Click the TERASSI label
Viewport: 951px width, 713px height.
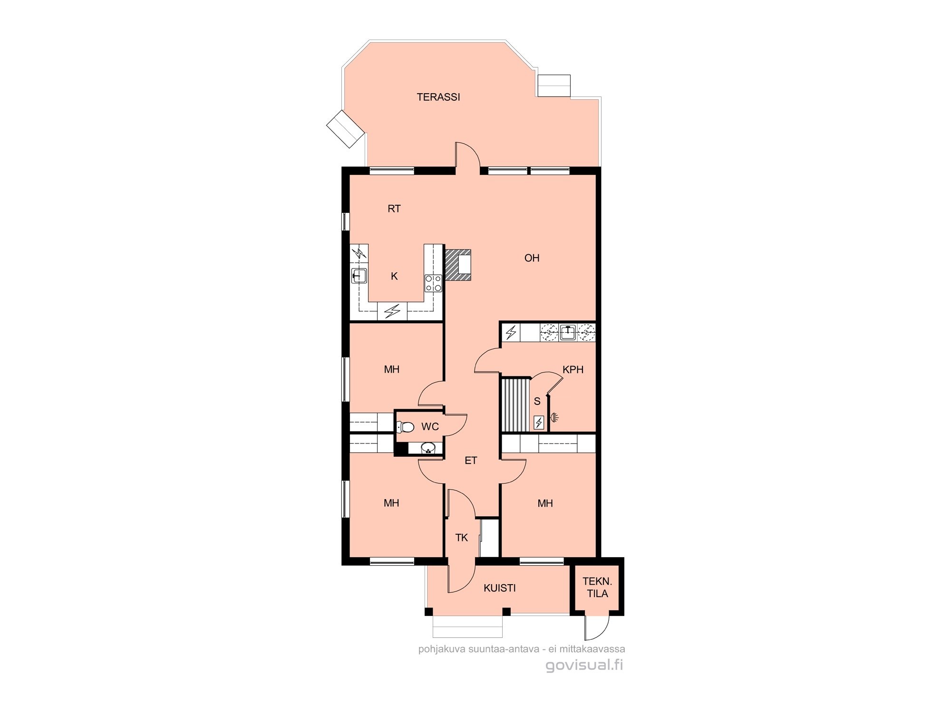pyautogui.click(x=438, y=97)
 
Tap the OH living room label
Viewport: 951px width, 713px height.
pyautogui.click(x=532, y=258)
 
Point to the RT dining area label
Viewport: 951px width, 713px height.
pyautogui.click(x=394, y=209)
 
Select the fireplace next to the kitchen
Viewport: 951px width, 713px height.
pyautogui.click(x=457, y=265)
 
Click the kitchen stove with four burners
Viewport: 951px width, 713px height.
pyautogui.click(x=434, y=283)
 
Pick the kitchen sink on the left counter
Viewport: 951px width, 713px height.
pyautogui.click(x=359, y=276)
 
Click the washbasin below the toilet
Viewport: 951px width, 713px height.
pyautogui.click(x=428, y=448)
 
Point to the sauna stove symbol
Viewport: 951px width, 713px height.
pyautogui.click(x=539, y=423)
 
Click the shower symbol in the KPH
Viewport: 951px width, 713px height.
pyautogui.click(x=554, y=418)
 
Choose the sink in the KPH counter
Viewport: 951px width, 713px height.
pyautogui.click(x=567, y=332)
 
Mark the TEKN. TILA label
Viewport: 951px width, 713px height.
pyautogui.click(x=597, y=588)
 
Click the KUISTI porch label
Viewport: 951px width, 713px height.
pyautogui.click(x=500, y=588)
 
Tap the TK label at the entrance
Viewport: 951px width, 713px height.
pyautogui.click(x=462, y=538)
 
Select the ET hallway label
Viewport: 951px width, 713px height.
pyautogui.click(x=471, y=461)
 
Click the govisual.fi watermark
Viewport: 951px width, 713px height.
pyautogui.click(x=584, y=665)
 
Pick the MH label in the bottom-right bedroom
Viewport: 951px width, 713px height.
pyautogui.click(x=545, y=503)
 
